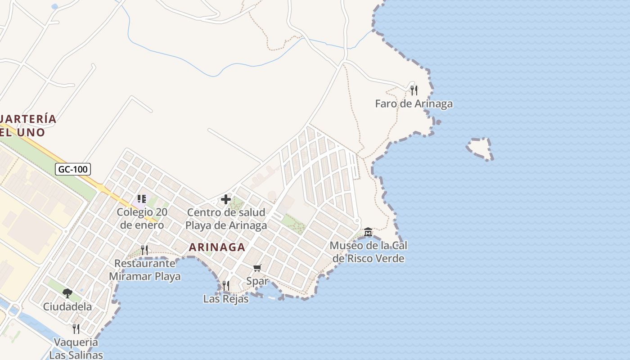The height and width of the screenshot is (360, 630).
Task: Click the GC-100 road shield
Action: click(x=73, y=169)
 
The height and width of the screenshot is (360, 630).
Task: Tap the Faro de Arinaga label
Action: click(x=414, y=104)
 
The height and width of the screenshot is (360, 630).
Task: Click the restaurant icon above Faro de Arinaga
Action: click(x=414, y=90)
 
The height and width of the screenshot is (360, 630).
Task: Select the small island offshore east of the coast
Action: click(x=480, y=148)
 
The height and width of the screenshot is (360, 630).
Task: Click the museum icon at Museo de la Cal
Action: click(x=368, y=232)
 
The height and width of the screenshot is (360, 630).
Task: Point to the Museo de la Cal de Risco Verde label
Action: click(x=368, y=252)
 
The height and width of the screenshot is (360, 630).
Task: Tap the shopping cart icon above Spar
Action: click(x=257, y=268)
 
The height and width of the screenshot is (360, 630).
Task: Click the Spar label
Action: click(x=257, y=281)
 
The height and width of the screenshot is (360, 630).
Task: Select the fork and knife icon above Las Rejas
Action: click(x=225, y=285)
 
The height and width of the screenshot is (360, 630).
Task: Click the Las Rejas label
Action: click(x=225, y=299)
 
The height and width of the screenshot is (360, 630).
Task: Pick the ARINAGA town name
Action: click(x=217, y=247)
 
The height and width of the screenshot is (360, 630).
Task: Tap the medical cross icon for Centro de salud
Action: click(x=226, y=199)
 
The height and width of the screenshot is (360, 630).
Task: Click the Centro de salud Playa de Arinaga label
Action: click(x=226, y=219)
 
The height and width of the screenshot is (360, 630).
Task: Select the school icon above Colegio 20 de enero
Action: click(x=142, y=199)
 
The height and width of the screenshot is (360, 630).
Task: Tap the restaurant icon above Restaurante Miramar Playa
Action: click(x=144, y=250)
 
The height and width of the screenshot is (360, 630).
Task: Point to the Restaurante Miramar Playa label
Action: click(x=144, y=270)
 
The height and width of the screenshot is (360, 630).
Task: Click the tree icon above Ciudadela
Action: click(x=67, y=293)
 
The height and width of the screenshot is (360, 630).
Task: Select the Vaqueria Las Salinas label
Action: click(x=76, y=348)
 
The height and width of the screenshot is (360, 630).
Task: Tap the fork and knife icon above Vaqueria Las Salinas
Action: click(x=76, y=329)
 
